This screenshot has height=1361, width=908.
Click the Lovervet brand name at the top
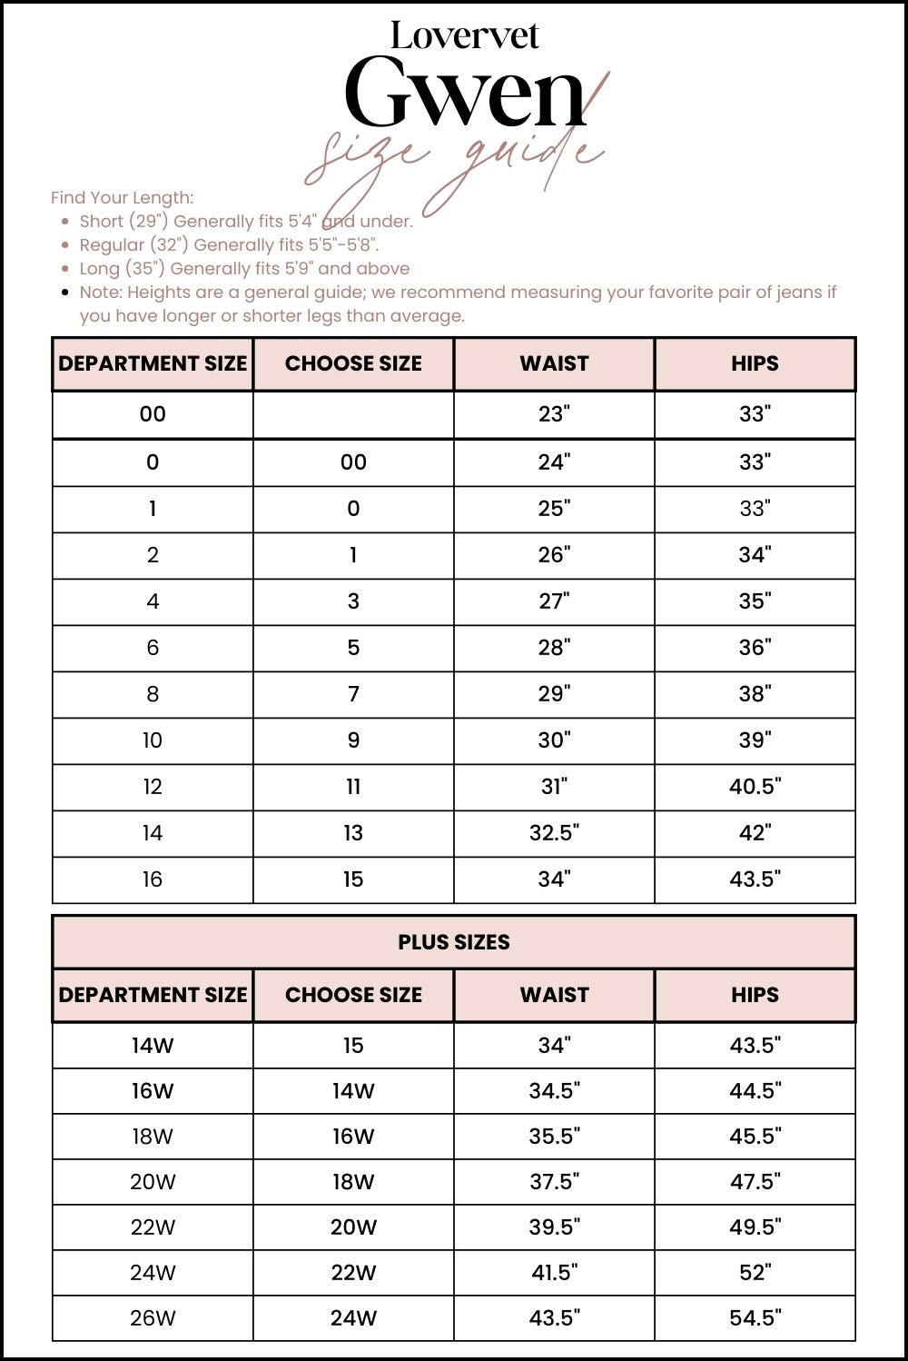(464, 36)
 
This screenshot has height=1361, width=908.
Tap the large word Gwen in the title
(464, 94)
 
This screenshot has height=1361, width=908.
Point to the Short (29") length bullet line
(245, 221)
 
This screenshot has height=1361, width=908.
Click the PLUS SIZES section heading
(453, 942)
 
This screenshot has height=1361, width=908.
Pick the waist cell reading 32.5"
(554, 833)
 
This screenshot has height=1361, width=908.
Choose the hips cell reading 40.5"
(755, 787)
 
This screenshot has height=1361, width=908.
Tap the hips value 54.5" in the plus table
(755, 1318)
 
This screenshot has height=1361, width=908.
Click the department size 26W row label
(153, 1318)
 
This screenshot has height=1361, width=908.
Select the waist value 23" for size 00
(554, 414)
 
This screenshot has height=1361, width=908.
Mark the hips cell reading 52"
(755, 1273)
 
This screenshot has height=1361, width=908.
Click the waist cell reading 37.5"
(554, 1182)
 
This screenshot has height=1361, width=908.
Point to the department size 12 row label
(153, 787)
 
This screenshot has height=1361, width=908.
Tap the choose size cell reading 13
(353, 833)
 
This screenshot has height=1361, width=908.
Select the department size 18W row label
(153, 1137)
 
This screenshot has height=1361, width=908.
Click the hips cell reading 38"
(755, 694)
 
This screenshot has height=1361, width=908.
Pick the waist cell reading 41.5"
(554, 1273)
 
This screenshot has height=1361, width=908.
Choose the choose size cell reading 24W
(353, 1318)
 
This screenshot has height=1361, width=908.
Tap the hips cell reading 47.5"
(755, 1182)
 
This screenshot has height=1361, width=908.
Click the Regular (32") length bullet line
(229, 244)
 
